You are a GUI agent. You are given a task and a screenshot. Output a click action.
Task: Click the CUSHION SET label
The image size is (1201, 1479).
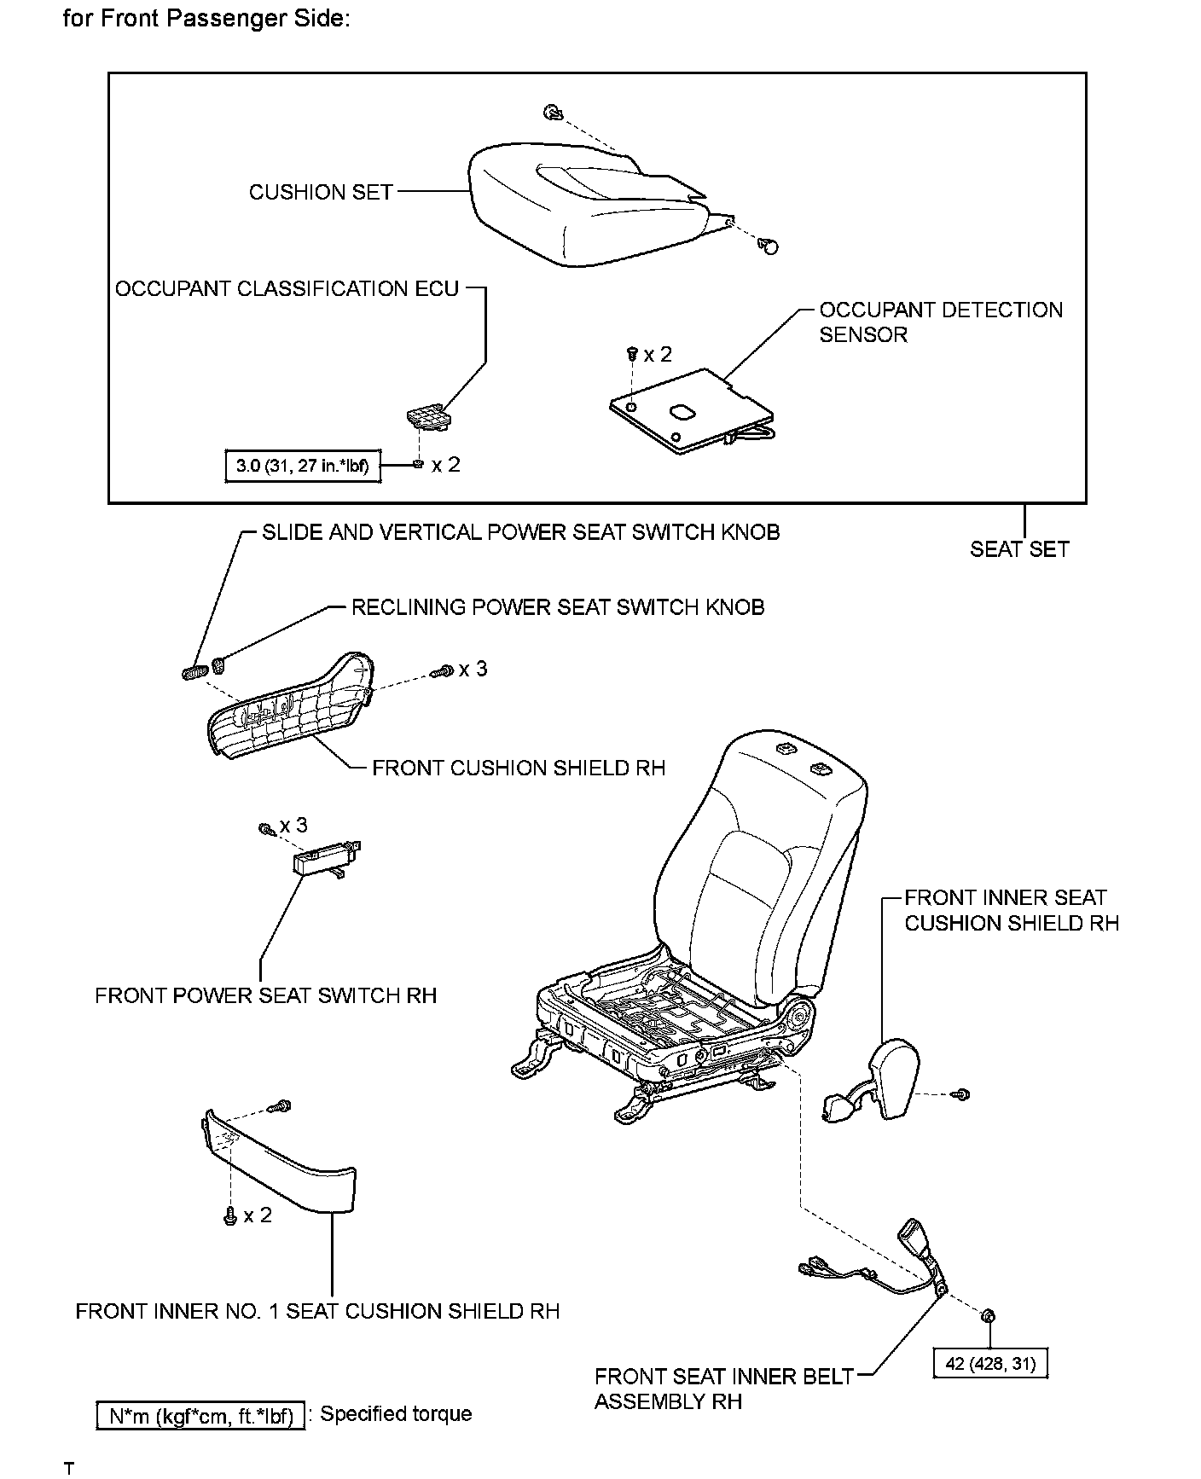pyautogui.click(x=321, y=192)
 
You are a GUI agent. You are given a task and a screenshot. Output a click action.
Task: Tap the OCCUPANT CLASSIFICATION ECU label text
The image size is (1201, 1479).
pyautogui.click(x=287, y=289)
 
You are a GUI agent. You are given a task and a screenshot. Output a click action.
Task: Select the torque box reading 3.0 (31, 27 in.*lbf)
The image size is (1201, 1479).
pyautogui.click(x=302, y=466)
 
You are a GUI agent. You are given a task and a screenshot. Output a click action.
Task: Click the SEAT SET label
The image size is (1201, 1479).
pyautogui.click(x=1018, y=549)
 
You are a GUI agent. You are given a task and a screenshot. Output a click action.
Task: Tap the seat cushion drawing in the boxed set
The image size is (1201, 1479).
pyautogui.click(x=580, y=205)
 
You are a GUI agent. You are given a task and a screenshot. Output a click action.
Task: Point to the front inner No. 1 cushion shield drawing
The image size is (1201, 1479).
pyautogui.click(x=281, y=1161)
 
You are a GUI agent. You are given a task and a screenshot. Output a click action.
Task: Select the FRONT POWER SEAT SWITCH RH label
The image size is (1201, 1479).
pyautogui.click(x=265, y=995)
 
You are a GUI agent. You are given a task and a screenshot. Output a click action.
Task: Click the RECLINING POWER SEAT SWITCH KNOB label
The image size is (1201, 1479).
pyautogui.click(x=558, y=607)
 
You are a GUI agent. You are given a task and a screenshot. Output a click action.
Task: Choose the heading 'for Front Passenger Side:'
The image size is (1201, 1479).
pyautogui.click(x=206, y=19)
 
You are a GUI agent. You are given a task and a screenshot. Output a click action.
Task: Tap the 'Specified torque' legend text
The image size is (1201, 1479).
pyautogui.click(x=396, y=1413)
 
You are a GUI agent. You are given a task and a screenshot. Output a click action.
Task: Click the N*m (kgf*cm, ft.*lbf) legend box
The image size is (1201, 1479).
pyautogui.click(x=201, y=1416)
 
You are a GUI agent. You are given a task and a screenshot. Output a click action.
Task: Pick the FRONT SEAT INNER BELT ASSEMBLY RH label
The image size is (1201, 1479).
pyautogui.click(x=723, y=1388)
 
